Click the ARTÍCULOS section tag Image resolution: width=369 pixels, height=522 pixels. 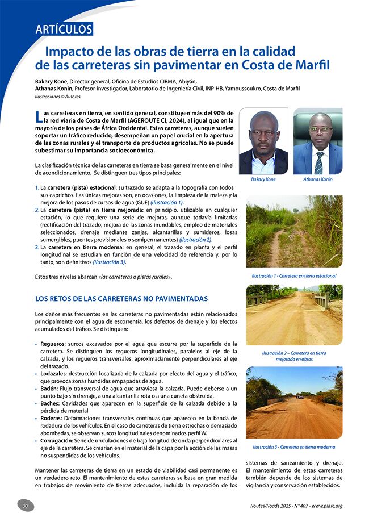coord(64,30)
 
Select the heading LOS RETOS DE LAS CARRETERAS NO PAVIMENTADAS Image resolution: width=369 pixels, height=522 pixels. coord(121,298)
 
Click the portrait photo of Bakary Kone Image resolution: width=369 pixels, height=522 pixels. coord(263,141)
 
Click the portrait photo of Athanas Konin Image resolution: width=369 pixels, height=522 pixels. coord(318,141)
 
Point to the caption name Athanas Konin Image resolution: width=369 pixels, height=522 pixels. coord(318,179)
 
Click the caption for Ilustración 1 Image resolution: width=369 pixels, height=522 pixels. coord(294,276)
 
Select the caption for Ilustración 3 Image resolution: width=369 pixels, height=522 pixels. coord(294,447)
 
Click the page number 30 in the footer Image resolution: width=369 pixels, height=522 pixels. coord(25,506)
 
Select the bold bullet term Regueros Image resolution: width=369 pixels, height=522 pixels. coord(52,344)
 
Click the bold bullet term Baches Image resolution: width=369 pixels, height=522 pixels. coord(50,403)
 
